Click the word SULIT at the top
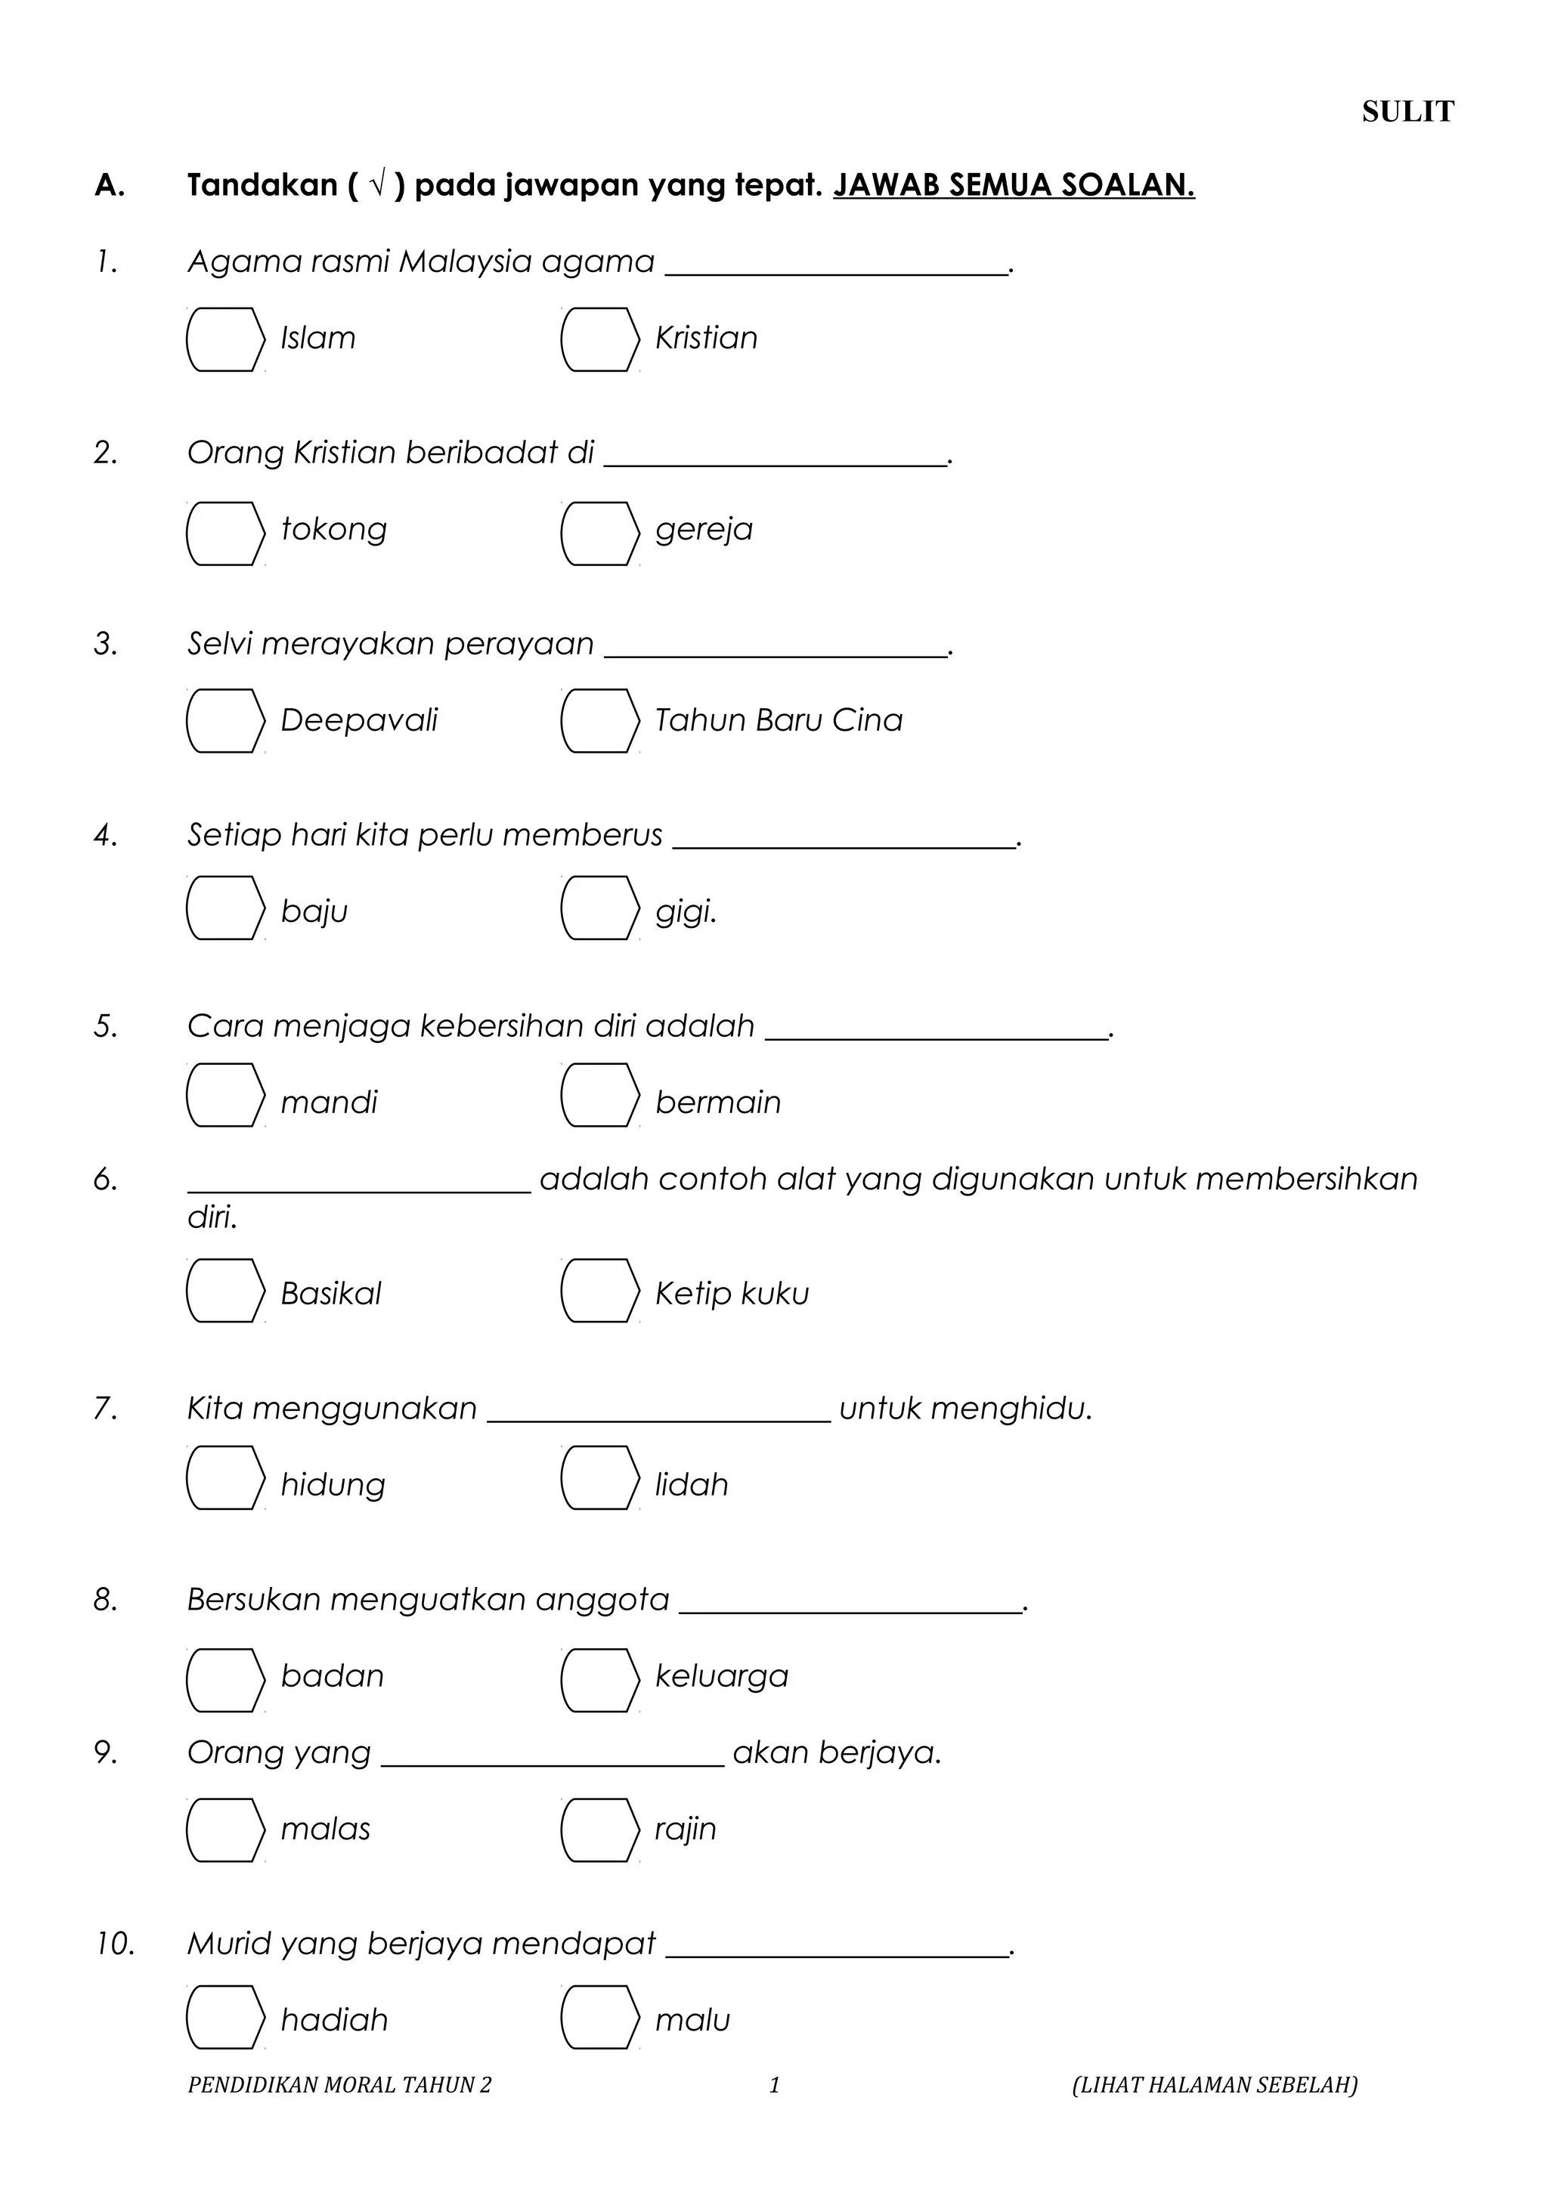(x=1407, y=113)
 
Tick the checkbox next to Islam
(x=225, y=339)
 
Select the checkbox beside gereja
(x=599, y=534)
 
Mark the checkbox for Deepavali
(x=225, y=721)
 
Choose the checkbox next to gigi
(x=599, y=908)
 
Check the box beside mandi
(x=225, y=1095)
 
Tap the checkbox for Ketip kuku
(x=599, y=1291)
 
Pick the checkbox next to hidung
(x=225, y=1477)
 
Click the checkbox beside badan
(x=225, y=1680)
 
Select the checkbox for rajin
(x=599, y=1830)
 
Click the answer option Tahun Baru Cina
(x=779, y=720)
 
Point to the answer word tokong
(x=334, y=530)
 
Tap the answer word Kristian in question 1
(x=706, y=338)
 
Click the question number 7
(x=105, y=1408)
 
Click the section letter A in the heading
(x=109, y=185)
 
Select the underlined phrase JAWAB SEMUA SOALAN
(x=1013, y=185)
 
